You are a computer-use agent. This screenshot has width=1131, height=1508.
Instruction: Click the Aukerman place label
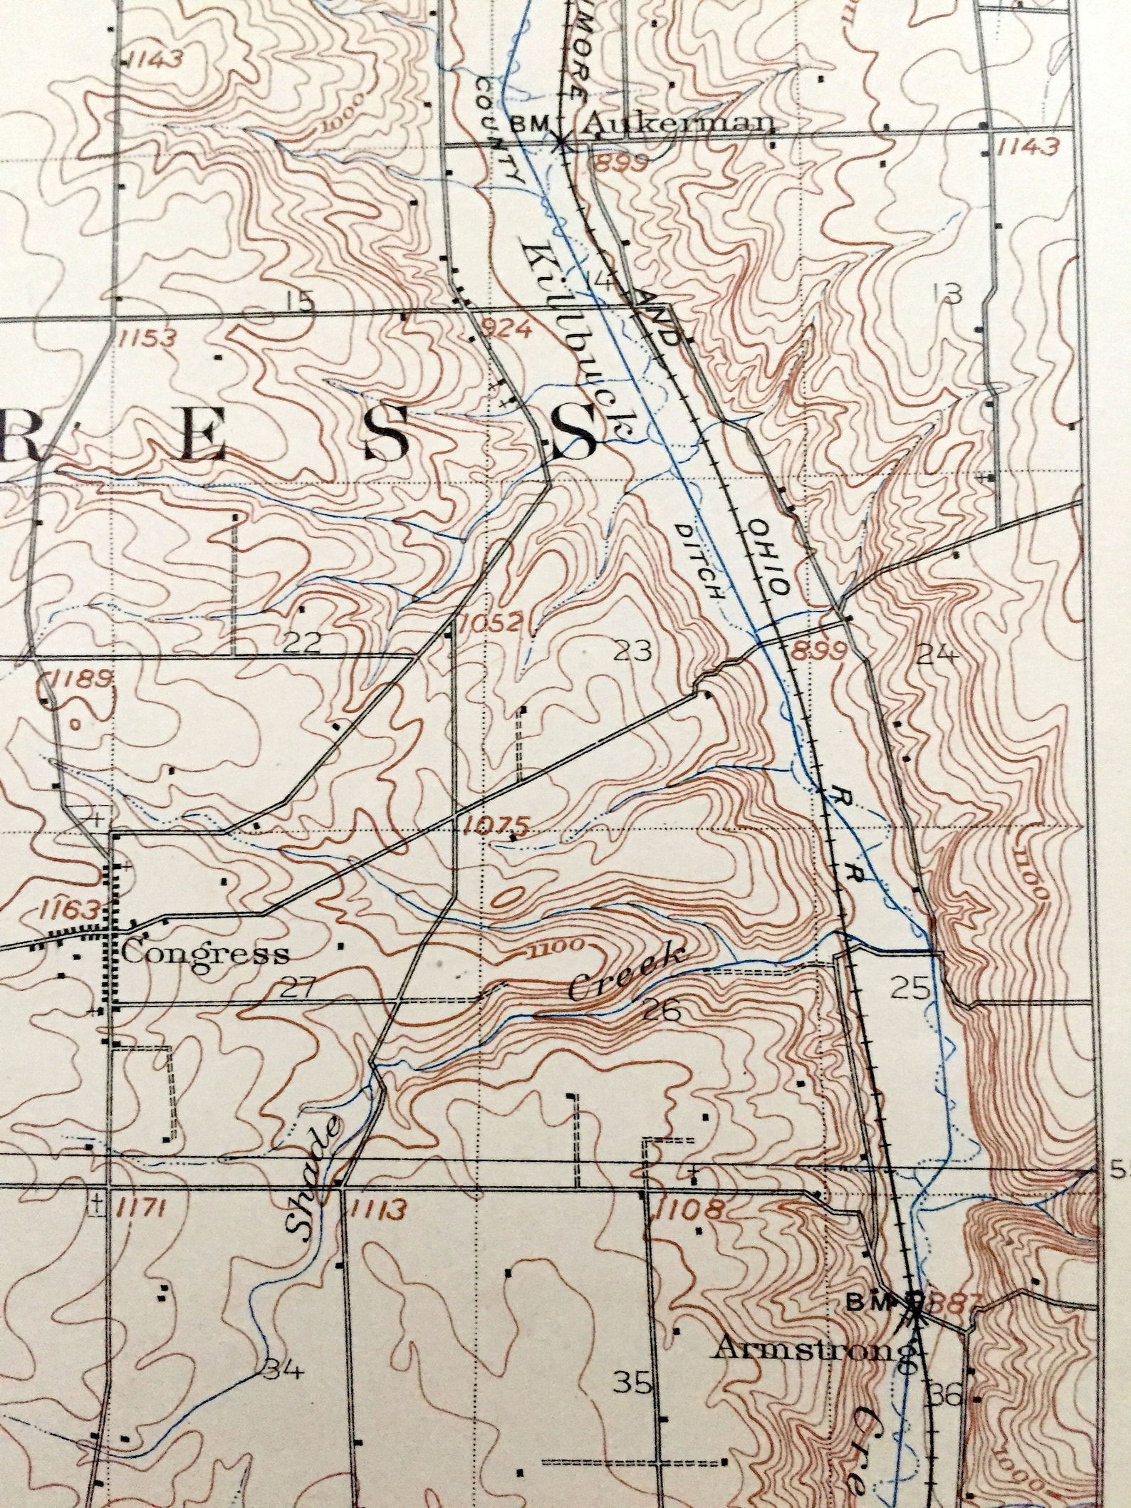pyautogui.click(x=681, y=124)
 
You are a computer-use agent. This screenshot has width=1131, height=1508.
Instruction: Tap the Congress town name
pyautogui.click(x=205, y=953)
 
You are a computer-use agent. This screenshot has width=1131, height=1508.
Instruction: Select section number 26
pyautogui.click(x=659, y=1009)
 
